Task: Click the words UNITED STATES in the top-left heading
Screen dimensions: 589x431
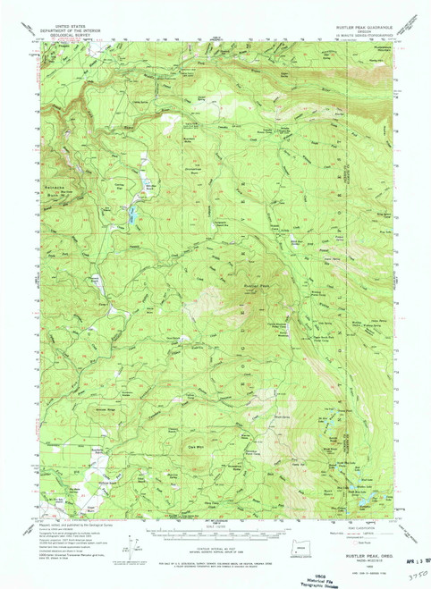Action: (x=72, y=28)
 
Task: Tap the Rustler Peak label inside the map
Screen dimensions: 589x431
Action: (x=257, y=286)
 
